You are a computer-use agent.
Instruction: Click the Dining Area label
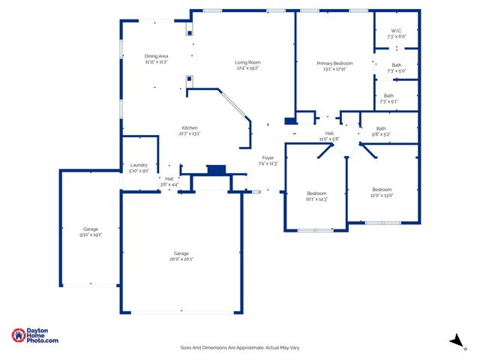coord(156,56)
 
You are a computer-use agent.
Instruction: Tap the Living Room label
coord(247,62)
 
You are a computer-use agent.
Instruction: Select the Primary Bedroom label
coord(334,64)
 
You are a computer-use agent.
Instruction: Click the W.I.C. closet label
coord(396,31)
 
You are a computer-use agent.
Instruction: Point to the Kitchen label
coord(189,127)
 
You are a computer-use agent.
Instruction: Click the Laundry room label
coord(139,165)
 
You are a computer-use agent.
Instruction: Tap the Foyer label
coord(268,157)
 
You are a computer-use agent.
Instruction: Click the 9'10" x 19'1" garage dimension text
coord(91,235)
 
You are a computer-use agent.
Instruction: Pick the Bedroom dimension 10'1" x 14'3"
coord(316,199)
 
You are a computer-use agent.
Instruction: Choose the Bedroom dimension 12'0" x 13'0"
coord(382,195)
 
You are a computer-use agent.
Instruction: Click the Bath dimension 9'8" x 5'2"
coord(381,134)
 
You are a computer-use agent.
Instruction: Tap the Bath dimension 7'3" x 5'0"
coord(395,71)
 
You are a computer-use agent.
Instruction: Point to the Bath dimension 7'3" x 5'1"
coord(388,101)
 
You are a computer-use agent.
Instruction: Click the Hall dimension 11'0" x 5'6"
coord(329,139)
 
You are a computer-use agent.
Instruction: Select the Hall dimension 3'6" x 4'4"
coord(169,184)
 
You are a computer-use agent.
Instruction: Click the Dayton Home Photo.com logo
coord(35,336)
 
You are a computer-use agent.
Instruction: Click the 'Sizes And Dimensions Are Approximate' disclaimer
coord(240,347)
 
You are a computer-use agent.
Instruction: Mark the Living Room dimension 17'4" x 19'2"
coord(247,68)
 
